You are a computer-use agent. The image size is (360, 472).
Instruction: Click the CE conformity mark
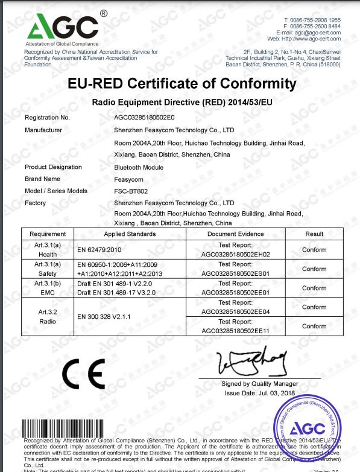(83, 375)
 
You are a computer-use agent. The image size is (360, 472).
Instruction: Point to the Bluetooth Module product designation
(139, 167)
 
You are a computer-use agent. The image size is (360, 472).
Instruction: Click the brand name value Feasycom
(128, 179)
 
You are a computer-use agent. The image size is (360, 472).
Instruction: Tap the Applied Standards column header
(130, 234)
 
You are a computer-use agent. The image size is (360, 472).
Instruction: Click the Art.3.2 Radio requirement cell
(48, 317)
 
